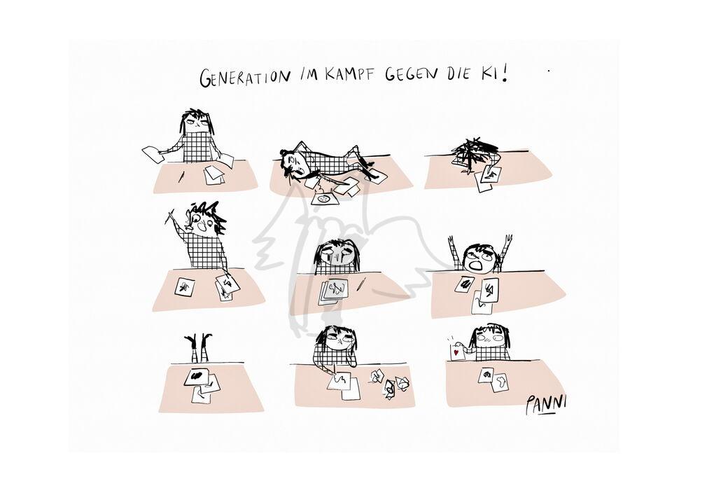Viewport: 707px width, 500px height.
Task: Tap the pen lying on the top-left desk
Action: coord(181,176)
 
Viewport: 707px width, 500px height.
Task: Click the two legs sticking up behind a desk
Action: coord(199,347)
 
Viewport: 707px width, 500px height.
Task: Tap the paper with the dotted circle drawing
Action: coord(323,199)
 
